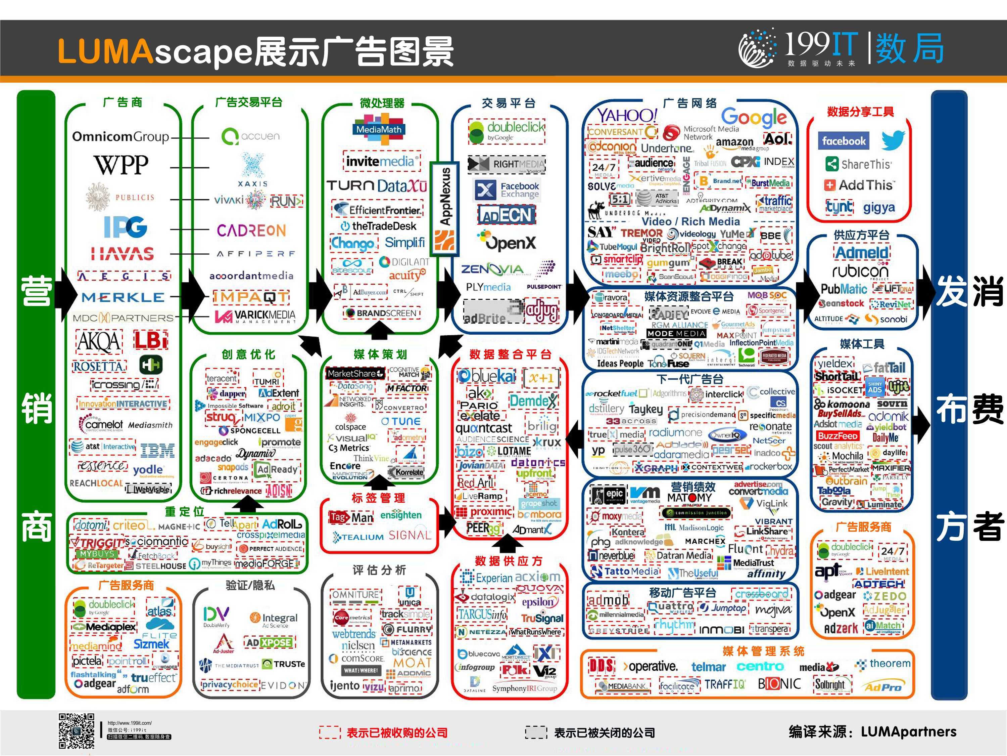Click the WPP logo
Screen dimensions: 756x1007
pos(121,165)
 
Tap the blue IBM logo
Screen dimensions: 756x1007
pos(157,450)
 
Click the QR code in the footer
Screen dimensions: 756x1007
pos(77,730)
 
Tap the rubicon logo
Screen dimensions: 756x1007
pos(860,271)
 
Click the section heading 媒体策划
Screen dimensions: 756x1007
pos(380,354)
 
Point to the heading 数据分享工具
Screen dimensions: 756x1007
pos(860,112)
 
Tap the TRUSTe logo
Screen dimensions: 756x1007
pos(284,664)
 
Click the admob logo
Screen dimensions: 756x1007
pos(608,600)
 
